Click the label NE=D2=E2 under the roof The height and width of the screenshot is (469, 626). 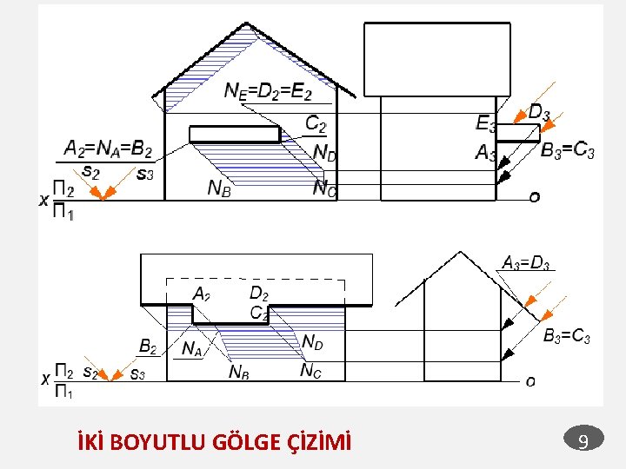coord(268,89)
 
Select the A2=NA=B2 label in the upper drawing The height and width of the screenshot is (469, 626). coord(109,149)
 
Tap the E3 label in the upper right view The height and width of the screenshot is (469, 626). coord(486,123)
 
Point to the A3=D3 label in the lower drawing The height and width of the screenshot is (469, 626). coord(526,262)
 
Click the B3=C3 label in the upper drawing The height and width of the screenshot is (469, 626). coord(568,152)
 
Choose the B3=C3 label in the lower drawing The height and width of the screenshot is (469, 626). coord(567,336)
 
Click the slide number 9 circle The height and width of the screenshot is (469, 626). coord(584,442)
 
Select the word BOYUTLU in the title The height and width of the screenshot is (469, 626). coord(162,443)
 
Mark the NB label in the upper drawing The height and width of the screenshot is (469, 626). coord(219,188)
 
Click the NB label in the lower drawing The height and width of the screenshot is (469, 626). coord(239,372)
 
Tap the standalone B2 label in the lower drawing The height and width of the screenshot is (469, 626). coord(149,347)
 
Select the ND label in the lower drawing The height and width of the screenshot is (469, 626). coord(313,342)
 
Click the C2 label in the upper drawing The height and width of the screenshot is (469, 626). coord(316,125)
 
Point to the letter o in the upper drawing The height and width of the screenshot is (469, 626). coord(534,197)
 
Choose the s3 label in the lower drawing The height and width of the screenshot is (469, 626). coord(137,373)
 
